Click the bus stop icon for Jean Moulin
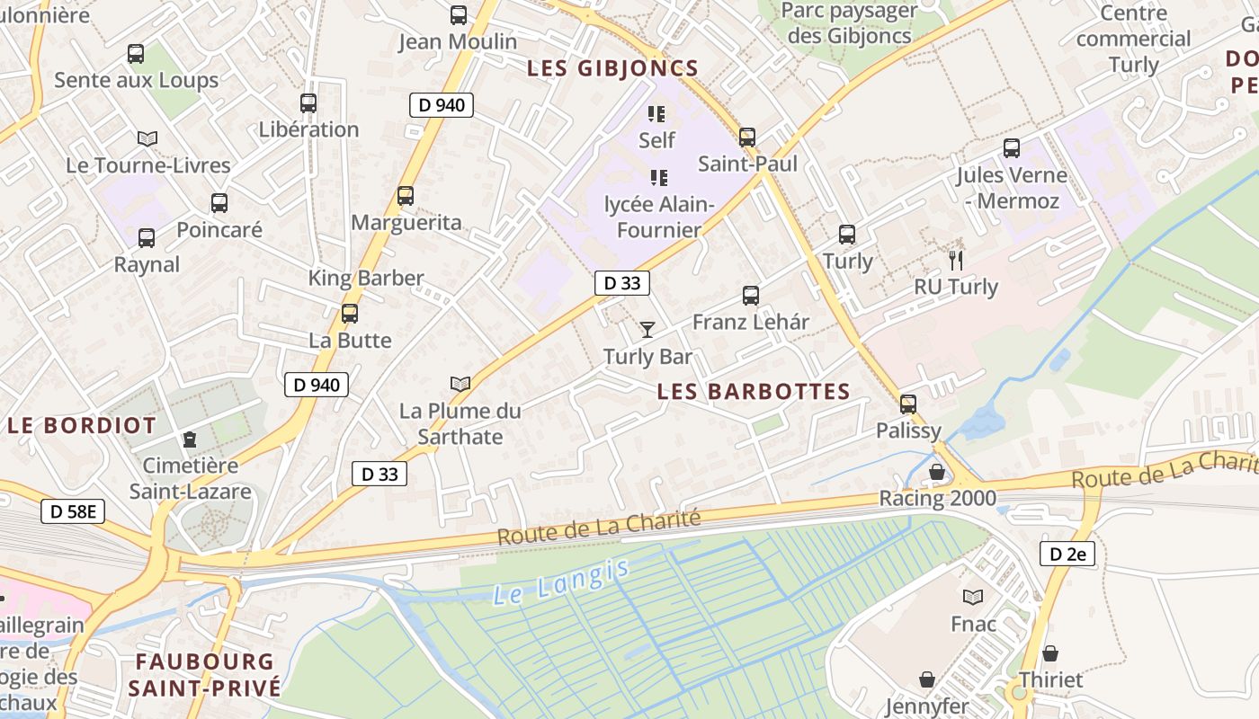459,15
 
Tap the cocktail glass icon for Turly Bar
647,330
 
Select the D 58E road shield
73,512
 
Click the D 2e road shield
1067,554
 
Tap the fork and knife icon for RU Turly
956,261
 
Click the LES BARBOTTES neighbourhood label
754,392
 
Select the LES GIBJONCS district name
612,68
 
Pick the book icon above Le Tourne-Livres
147,138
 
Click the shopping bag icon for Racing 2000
937,472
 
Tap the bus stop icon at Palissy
908,404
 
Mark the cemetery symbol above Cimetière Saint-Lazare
190,439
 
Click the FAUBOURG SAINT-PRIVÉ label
204,675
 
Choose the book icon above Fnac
973,597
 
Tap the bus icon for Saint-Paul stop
747,138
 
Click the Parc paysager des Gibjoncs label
848,23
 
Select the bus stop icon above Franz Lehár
751,295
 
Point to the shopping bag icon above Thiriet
1049,653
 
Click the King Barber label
366,278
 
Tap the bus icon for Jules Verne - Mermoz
1012,148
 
